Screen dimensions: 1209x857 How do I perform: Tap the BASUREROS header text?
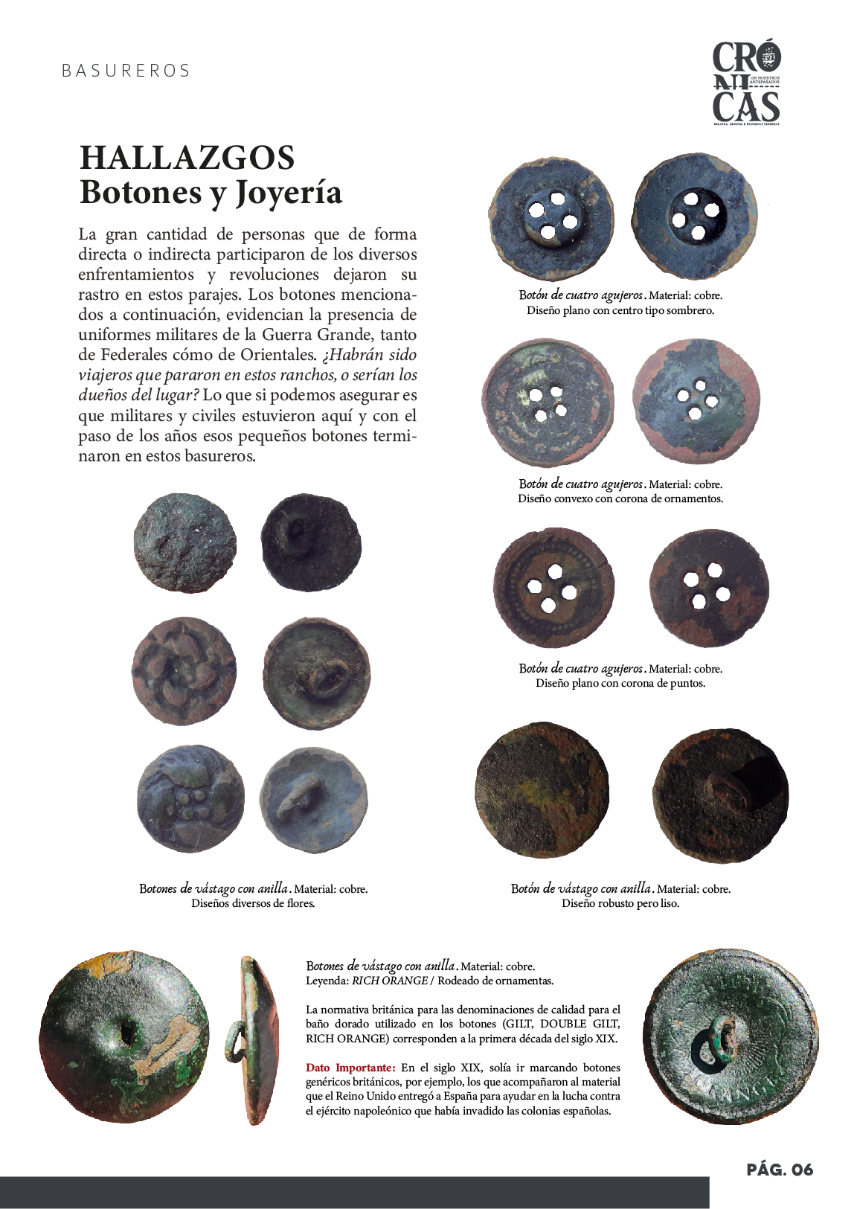[126, 71]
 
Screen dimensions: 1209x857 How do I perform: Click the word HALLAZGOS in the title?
[187, 158]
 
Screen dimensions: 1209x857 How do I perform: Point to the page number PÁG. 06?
[780, 1169]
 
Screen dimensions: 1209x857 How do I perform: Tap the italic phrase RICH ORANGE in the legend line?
[389, 981]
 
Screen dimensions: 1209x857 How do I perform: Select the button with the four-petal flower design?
[185, 670]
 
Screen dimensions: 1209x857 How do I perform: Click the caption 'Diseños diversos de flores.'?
[253, 903]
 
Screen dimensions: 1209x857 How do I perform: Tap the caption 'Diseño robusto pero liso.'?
[620, 903]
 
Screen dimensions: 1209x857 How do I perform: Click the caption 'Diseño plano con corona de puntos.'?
[620, 683]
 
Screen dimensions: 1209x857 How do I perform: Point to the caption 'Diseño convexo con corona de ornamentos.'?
[620, 498]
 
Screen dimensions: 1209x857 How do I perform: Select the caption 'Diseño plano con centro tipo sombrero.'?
[620, 310]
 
